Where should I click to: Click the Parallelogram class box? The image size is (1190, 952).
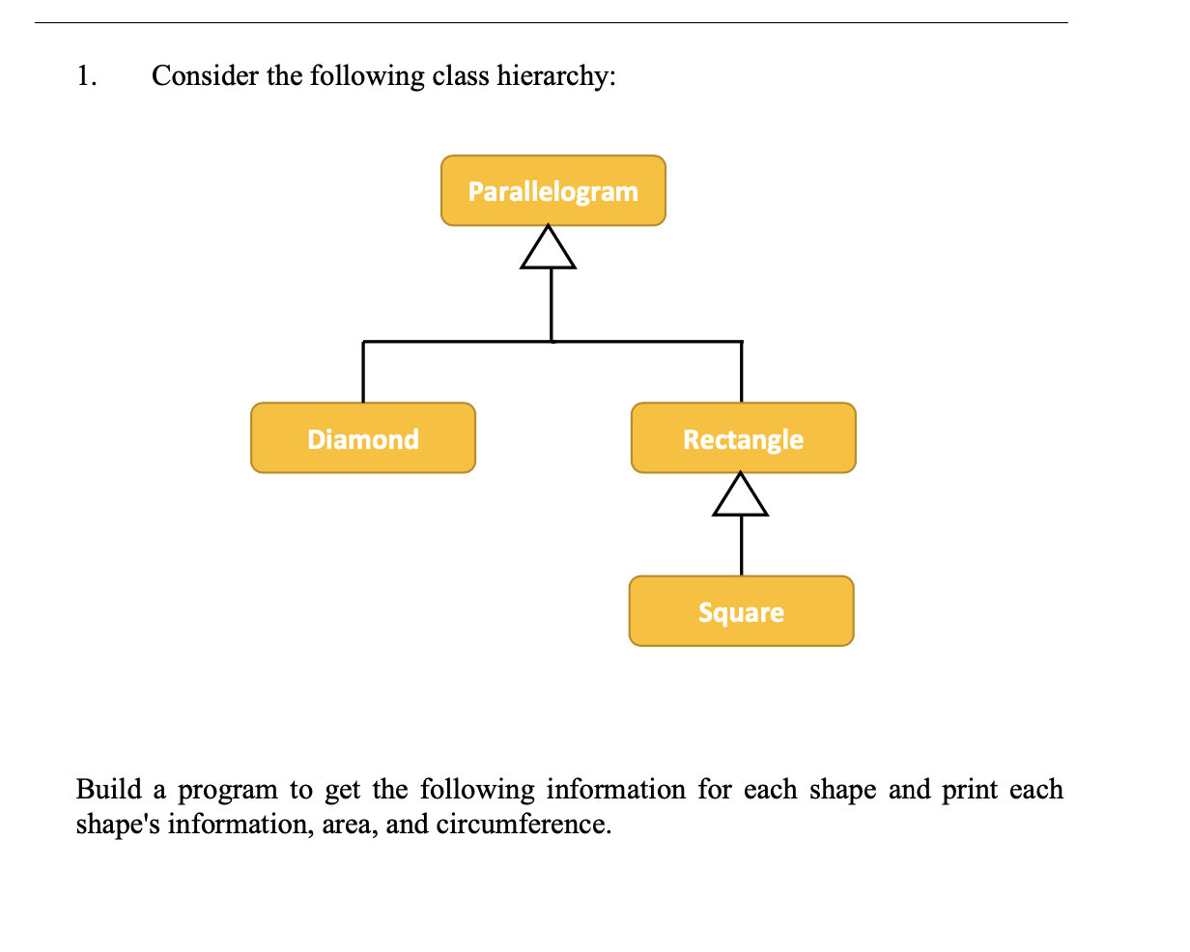(552, 190)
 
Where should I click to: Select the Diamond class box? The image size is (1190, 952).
(362, 438)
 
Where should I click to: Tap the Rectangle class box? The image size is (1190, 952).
(743, 438)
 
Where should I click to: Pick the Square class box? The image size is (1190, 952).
(741, 611)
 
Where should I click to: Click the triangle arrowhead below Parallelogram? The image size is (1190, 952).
(549, 249)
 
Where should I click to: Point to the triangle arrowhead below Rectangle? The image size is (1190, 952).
(741, 496)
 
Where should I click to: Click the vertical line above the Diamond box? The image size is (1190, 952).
(363, 372)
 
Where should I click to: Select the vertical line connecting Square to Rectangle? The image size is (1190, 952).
(741, 546)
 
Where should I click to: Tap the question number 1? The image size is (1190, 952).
(86, 75)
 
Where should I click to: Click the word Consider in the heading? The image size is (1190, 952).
(206, 75)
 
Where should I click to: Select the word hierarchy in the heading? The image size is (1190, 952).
(554, 76)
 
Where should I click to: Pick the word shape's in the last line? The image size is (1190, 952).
(117, 826)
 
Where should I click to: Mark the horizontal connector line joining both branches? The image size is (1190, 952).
(454, 341)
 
